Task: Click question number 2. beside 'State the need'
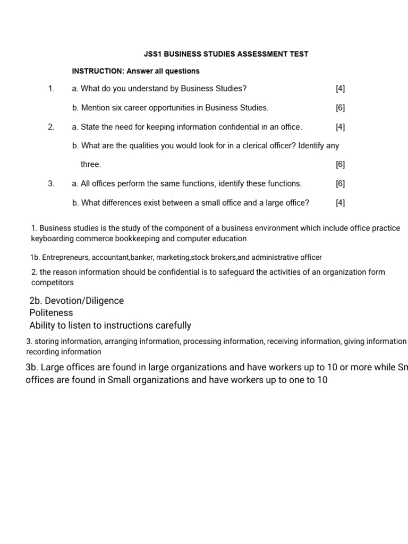(x=51, y=127)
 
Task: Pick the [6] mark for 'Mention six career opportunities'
(x=340, y=108)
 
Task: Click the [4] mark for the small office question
(x=340, y=202)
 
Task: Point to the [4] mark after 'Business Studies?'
(x=340, y=89)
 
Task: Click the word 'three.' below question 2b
(x=90, y=165)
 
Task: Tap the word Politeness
(x=51, y=313)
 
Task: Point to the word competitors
(x=52, y=283)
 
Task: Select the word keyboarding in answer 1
(x=53, y=239)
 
